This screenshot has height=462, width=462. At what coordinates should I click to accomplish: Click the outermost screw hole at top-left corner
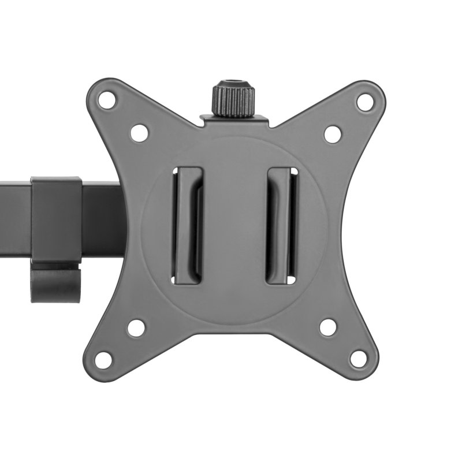(x=107, y=99)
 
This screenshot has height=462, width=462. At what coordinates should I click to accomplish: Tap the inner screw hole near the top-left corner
(x=139, y=133)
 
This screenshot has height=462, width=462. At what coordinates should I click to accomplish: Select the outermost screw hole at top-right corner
(x=364, y=102)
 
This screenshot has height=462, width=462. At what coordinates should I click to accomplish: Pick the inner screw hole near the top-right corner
(x=333, y=134)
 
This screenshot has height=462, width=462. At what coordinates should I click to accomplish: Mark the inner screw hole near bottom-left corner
(x=136, y=327)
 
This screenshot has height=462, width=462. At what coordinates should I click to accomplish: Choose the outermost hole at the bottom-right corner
(x=359, y=358)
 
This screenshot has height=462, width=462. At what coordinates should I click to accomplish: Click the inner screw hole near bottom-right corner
(x=328, y=327)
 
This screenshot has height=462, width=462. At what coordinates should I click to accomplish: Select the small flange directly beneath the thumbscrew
(x=234, y=120)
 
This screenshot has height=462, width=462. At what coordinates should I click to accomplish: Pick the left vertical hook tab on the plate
(x=188, y=225)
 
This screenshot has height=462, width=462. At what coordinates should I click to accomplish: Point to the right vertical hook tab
(x=281, y=225)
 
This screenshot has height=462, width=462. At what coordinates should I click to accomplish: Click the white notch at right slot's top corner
(x=293, y=172)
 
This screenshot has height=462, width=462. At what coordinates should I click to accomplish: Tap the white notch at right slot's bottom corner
(x=292, y=280)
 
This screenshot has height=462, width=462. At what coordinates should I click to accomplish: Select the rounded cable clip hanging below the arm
(x=55, y=283)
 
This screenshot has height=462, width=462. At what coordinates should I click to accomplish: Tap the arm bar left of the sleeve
(x=15, y=211)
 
